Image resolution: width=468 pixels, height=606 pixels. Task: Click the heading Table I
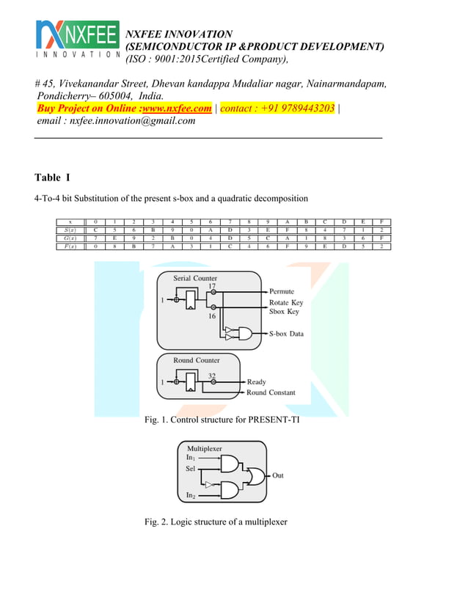(x=52, y=178)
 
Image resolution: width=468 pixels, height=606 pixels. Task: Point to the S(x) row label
(x=70, y=230)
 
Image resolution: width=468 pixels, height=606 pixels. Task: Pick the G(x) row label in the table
(x=70, y=238)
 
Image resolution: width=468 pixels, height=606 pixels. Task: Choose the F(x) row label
(x=70, y=247)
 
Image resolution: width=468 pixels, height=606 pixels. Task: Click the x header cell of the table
(x=70, y=221)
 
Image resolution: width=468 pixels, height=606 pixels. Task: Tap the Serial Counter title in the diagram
(x=194, y=279)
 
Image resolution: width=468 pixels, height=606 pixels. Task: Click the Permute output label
(x=282, y=292)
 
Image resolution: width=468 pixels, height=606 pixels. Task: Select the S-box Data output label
(x=285, y=334)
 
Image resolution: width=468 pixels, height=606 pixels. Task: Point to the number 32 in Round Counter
(x=212, y=376)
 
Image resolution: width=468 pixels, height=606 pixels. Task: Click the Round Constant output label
(x=271, y=393)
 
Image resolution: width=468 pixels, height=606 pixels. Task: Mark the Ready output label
(x=256, y=382)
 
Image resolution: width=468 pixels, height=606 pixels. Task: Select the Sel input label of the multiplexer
(x=191, y=467)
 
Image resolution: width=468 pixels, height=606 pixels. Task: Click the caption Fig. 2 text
(x=216, y=522)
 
